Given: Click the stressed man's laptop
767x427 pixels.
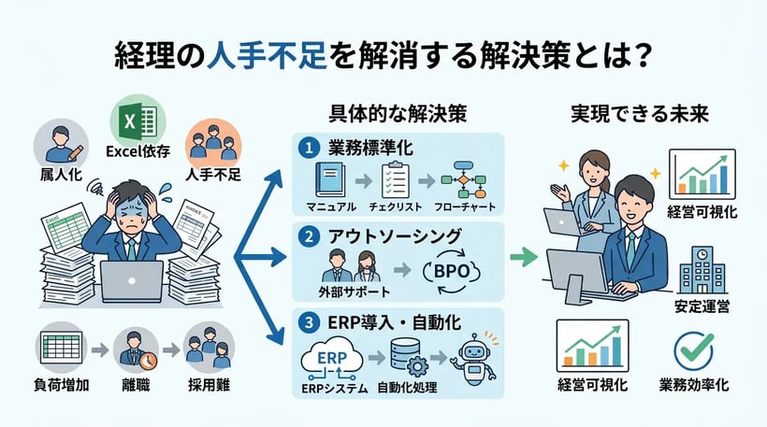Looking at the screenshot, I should [131, 279].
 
